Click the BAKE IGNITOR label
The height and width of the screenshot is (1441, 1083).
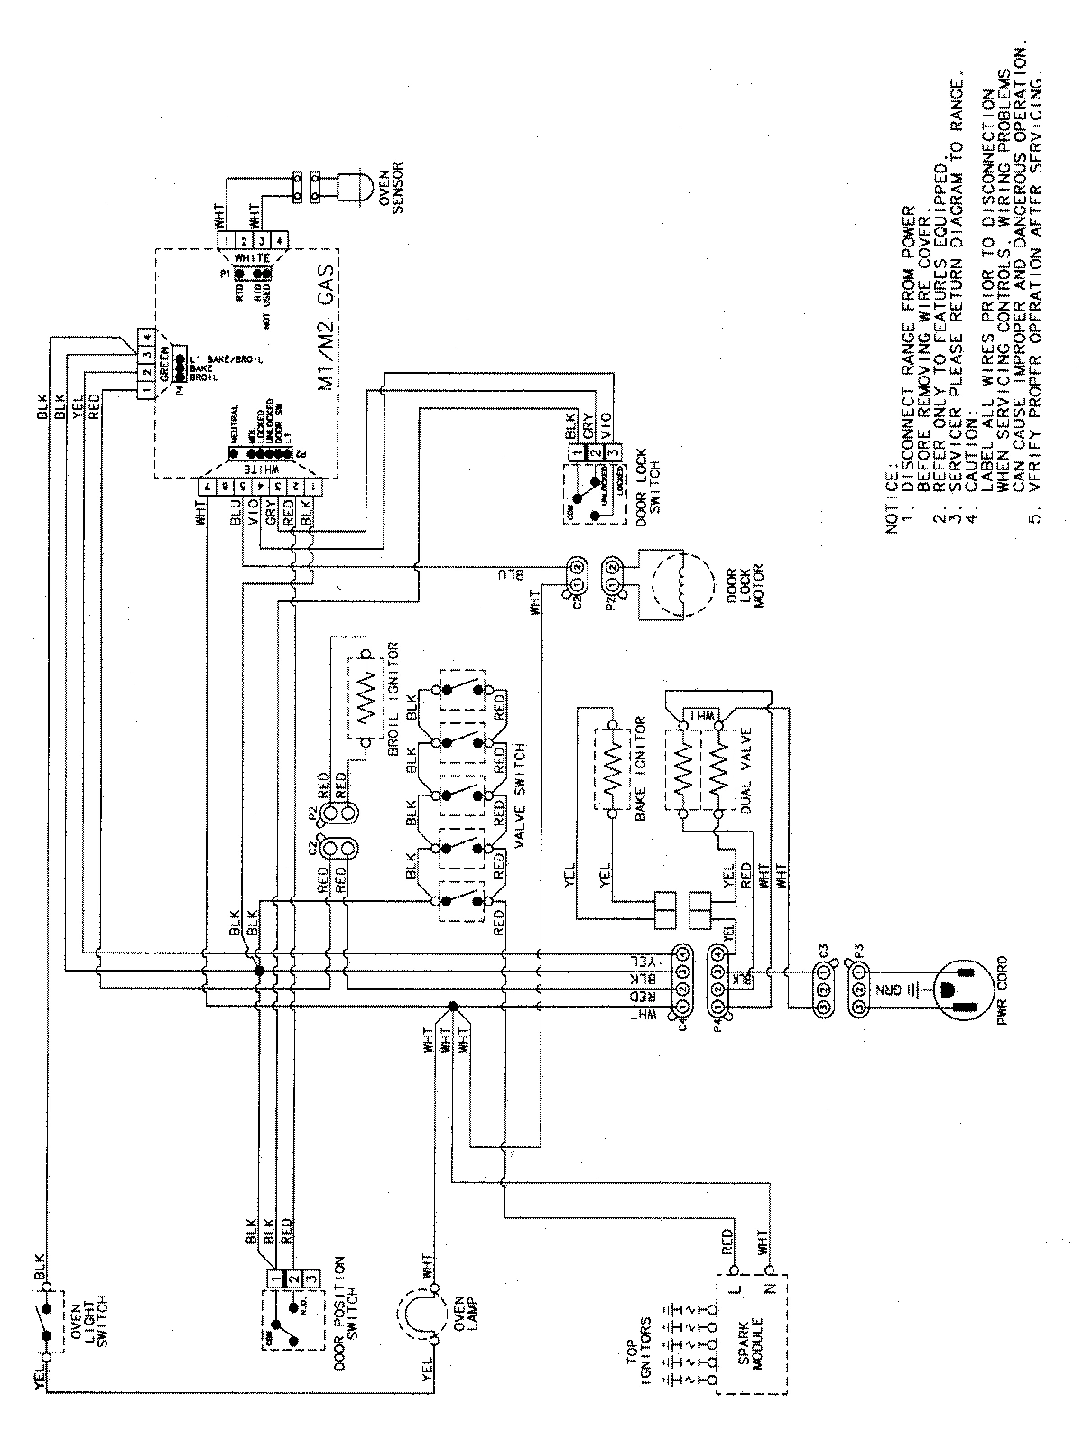[642, 768]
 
